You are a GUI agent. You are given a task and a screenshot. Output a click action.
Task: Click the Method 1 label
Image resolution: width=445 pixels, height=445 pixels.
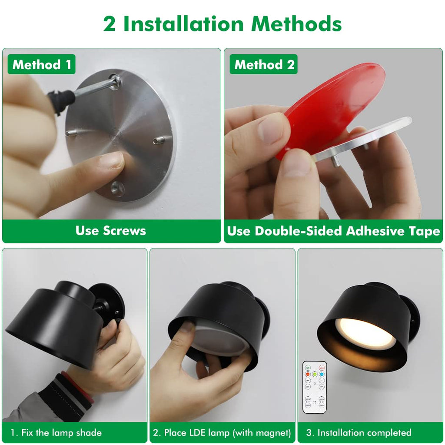pyautogui.click(x=41, y=65)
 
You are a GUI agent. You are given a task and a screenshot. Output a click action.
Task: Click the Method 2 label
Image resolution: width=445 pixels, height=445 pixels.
pyautogui.click(x=264, y=65)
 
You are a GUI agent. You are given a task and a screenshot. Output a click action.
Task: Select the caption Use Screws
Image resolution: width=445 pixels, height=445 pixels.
pyautogui.click(x=111, y=230)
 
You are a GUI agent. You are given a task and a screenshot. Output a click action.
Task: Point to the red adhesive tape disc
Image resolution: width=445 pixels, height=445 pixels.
pyautogui.click(x=335, y=104)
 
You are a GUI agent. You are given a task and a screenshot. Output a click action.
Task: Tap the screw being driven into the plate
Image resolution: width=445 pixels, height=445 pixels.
pyautogui.click(x=115, y=81)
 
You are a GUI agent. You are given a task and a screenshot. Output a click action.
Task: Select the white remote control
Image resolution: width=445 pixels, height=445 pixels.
pyautogui.click(x=314, y=387)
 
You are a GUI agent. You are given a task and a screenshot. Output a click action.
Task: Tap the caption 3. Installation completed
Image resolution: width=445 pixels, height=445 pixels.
pyautogui.click(x=359, y=432)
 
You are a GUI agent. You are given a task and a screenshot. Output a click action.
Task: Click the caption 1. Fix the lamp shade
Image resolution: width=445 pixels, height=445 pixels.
pyautogui.click(x=56, y=432)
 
